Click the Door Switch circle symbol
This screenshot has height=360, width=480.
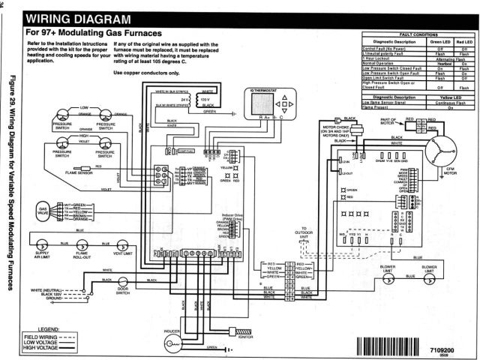click(x=123, y=280)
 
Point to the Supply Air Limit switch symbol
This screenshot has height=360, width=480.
click(x=43, y=245)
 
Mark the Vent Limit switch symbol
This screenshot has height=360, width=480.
click(x=118, y=245)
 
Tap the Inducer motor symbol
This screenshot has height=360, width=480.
click(x=172, y=337)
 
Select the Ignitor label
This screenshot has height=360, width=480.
click(x=245, y=337)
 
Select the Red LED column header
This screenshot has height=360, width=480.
click(x=463, y=41)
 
